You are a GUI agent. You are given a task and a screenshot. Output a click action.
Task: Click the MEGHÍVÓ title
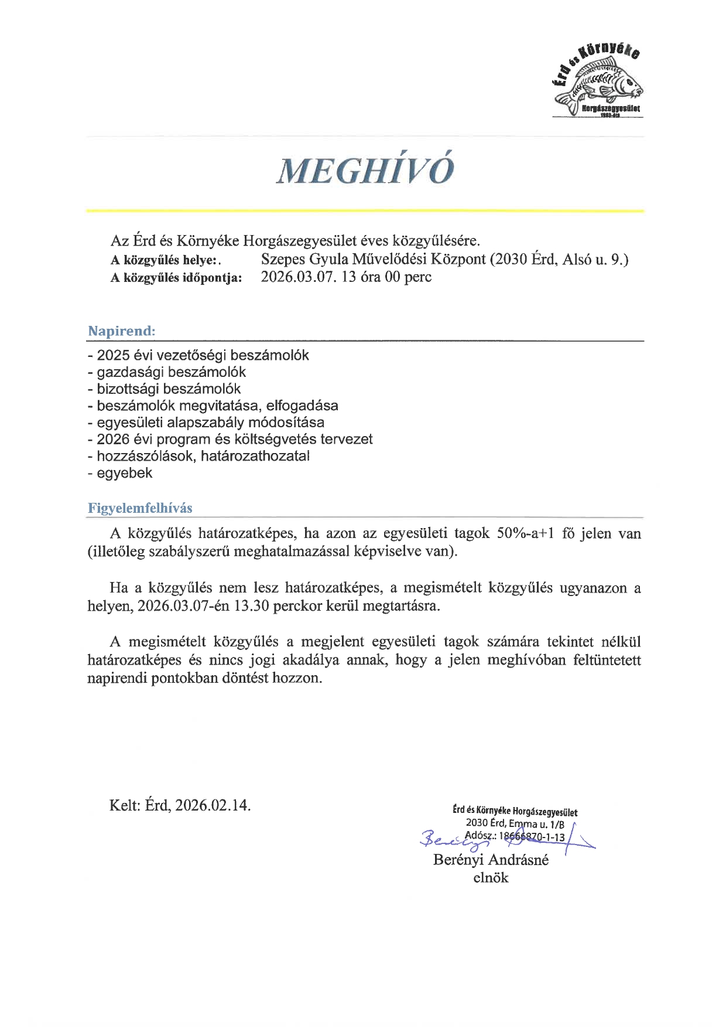tap(365, 171)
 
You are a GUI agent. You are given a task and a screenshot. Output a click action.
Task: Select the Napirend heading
tap(122, 331)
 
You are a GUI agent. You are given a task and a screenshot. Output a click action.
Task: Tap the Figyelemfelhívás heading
tap(140, 508)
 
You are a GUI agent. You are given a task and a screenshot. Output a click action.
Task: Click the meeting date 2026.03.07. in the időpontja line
tap(299, 277)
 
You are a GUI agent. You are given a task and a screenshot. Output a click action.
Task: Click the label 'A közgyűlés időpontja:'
tap(176, 278)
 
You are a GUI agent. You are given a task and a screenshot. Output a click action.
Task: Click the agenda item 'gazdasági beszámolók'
tap(171, 372)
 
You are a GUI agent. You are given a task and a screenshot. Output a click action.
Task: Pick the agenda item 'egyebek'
tap(124, 473)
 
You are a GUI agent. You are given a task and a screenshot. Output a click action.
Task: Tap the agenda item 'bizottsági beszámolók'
tap(169, 389)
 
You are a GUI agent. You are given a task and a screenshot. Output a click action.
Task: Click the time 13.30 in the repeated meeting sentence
tap(252, 606)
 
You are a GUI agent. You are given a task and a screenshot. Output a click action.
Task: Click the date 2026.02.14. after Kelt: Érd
tap(213, 805)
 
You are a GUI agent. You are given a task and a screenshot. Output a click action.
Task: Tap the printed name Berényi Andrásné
tap(491, 860)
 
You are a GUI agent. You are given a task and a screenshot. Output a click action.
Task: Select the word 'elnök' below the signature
tap(491, 878)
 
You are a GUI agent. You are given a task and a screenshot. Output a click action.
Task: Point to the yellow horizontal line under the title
tap(365, 210)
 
